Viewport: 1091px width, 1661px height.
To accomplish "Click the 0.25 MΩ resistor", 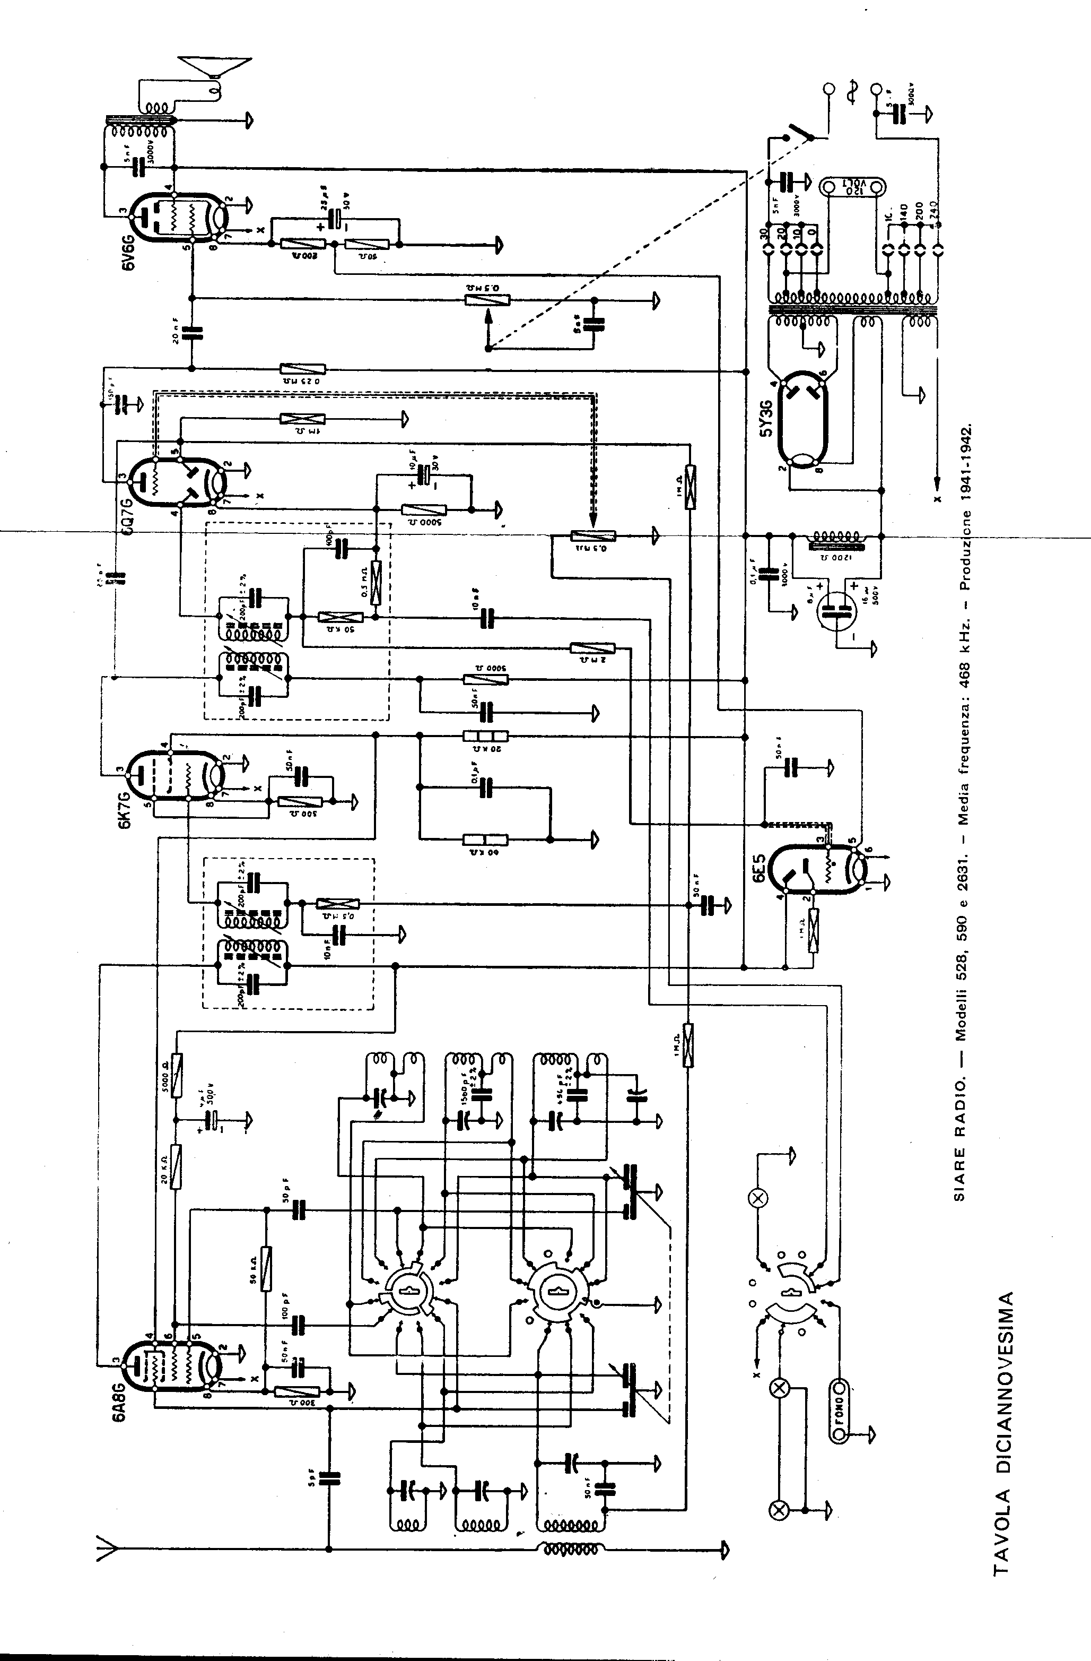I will (x=302, y=369).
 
